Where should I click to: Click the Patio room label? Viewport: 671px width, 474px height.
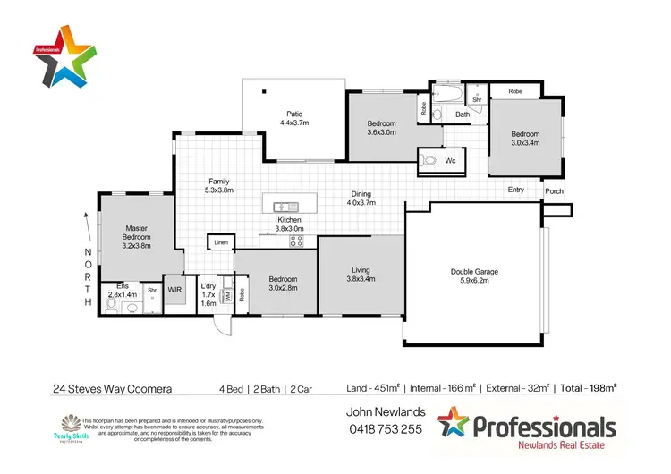click(x=293, y=113)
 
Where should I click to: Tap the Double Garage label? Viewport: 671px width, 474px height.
click(x=473, y=272)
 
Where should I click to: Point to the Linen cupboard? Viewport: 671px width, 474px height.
click(x=219, y=242)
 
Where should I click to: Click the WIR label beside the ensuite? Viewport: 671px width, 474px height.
click(x=174, y=290)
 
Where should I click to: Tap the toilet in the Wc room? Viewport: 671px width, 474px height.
click(x=429, y=161)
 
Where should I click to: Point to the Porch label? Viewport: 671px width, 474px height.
click(x=555, y=190)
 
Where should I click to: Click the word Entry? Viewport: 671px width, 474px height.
click(x=516, y=190)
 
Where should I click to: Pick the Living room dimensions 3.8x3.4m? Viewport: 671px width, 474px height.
click(x=360, y=278)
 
